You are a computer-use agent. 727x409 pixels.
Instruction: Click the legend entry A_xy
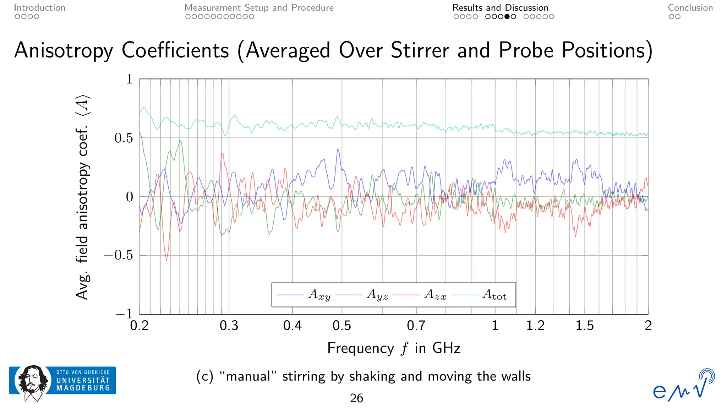click(x=319, y=295)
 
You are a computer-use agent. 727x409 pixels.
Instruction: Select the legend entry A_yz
click(x=377, y=295)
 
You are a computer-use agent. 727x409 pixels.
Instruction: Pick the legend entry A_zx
click(x=435, y=295)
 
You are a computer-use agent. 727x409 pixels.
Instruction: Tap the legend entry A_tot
click(x=494, y=295)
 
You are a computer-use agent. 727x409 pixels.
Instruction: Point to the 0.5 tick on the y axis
click(x=124, y=138)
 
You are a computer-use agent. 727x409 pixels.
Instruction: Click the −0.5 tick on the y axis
click(x=119, y=255)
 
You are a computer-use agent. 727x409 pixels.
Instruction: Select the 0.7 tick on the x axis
click(x=416, y=326)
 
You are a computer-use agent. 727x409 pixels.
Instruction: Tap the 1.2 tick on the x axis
click(x=535, y=326)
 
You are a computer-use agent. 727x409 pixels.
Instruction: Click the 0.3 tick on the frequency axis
click(x=229, y=326)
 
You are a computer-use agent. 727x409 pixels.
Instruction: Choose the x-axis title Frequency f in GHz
click(x=394, y=348)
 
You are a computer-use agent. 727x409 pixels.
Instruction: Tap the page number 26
click(x=356, y=398)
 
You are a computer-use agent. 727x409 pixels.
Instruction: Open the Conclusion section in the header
click(x=690, y=8)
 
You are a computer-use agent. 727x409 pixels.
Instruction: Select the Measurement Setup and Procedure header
click(x=259, y=8)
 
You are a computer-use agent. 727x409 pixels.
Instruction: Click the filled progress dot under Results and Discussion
click(x=507, y=17)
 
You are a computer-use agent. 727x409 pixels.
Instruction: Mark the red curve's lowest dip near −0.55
click(x=166, y=261)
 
